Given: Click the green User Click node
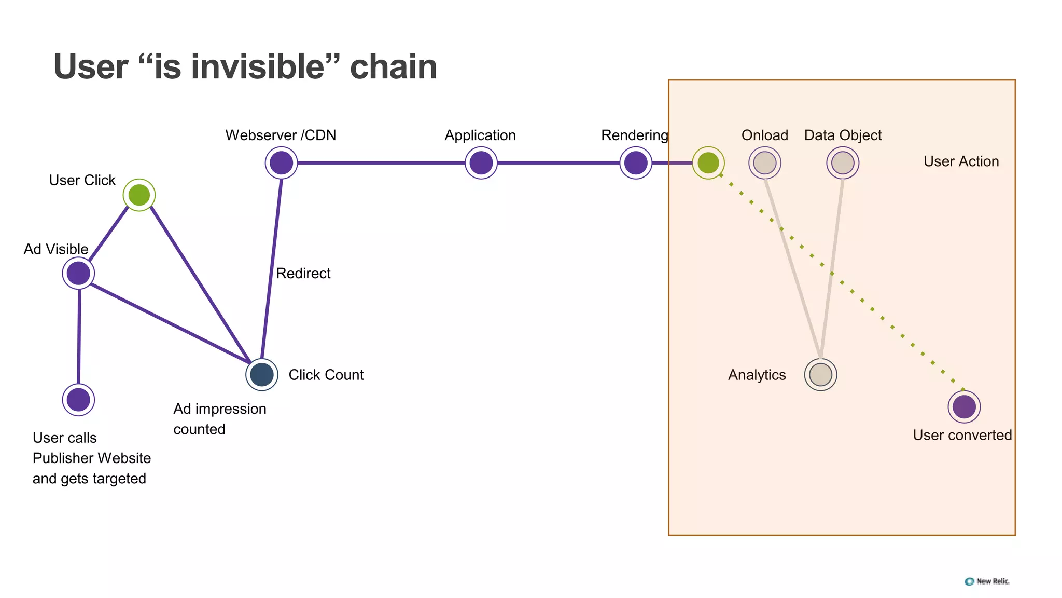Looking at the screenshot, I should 139,195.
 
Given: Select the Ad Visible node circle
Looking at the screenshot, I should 78,273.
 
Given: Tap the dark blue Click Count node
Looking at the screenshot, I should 262,374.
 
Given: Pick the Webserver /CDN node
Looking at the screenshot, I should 281,163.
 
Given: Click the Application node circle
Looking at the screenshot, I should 481,163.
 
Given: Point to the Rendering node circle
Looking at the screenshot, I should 636,163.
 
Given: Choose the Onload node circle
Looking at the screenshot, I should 765,163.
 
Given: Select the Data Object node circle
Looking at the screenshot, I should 843,163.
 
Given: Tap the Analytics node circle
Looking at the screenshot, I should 820,374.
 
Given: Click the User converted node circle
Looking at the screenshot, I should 964,406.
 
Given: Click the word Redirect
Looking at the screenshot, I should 303,274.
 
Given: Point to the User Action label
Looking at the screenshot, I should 961,161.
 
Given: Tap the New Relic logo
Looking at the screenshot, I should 987,581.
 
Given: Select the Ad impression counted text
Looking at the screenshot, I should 220,419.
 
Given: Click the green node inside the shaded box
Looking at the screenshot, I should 708,163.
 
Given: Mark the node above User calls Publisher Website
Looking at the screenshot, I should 78,400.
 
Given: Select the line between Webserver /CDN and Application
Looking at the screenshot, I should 381,163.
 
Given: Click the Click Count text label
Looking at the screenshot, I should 326,375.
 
